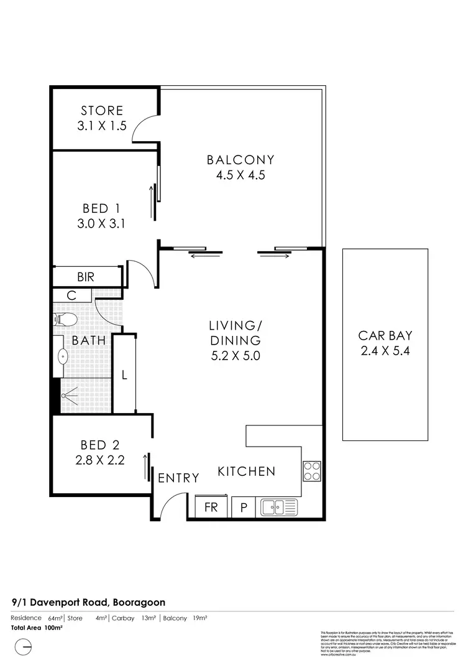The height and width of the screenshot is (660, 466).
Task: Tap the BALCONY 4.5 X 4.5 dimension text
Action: click(240, 175)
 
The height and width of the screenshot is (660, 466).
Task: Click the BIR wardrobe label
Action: click(86, 277)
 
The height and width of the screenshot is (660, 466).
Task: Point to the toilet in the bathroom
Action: click(65, 320)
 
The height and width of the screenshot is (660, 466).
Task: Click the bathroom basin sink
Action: click(63, 357)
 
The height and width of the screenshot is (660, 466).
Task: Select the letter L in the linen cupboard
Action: click(124, 376)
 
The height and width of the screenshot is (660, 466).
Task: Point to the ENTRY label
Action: click(178, 478)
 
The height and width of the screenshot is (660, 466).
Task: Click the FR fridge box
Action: click(211, 508)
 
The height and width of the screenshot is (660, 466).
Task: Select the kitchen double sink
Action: click(279, 508)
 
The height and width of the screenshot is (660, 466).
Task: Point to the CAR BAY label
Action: click(384, 335)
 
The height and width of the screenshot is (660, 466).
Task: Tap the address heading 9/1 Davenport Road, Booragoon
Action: click(88, 602)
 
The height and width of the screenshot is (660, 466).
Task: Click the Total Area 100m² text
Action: click(37, 628)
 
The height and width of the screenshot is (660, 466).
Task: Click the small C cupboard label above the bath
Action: click(71, 296)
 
